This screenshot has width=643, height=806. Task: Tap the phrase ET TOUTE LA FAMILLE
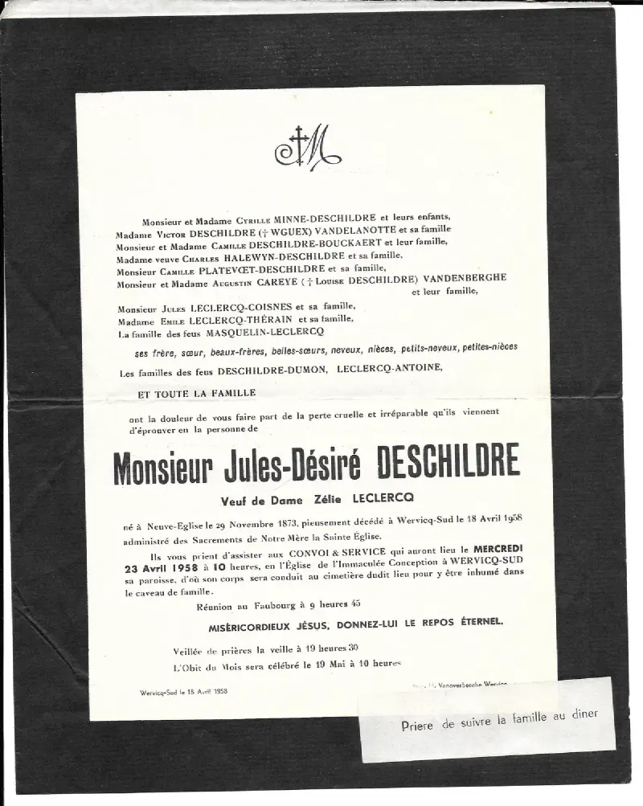[x=198, y=393]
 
